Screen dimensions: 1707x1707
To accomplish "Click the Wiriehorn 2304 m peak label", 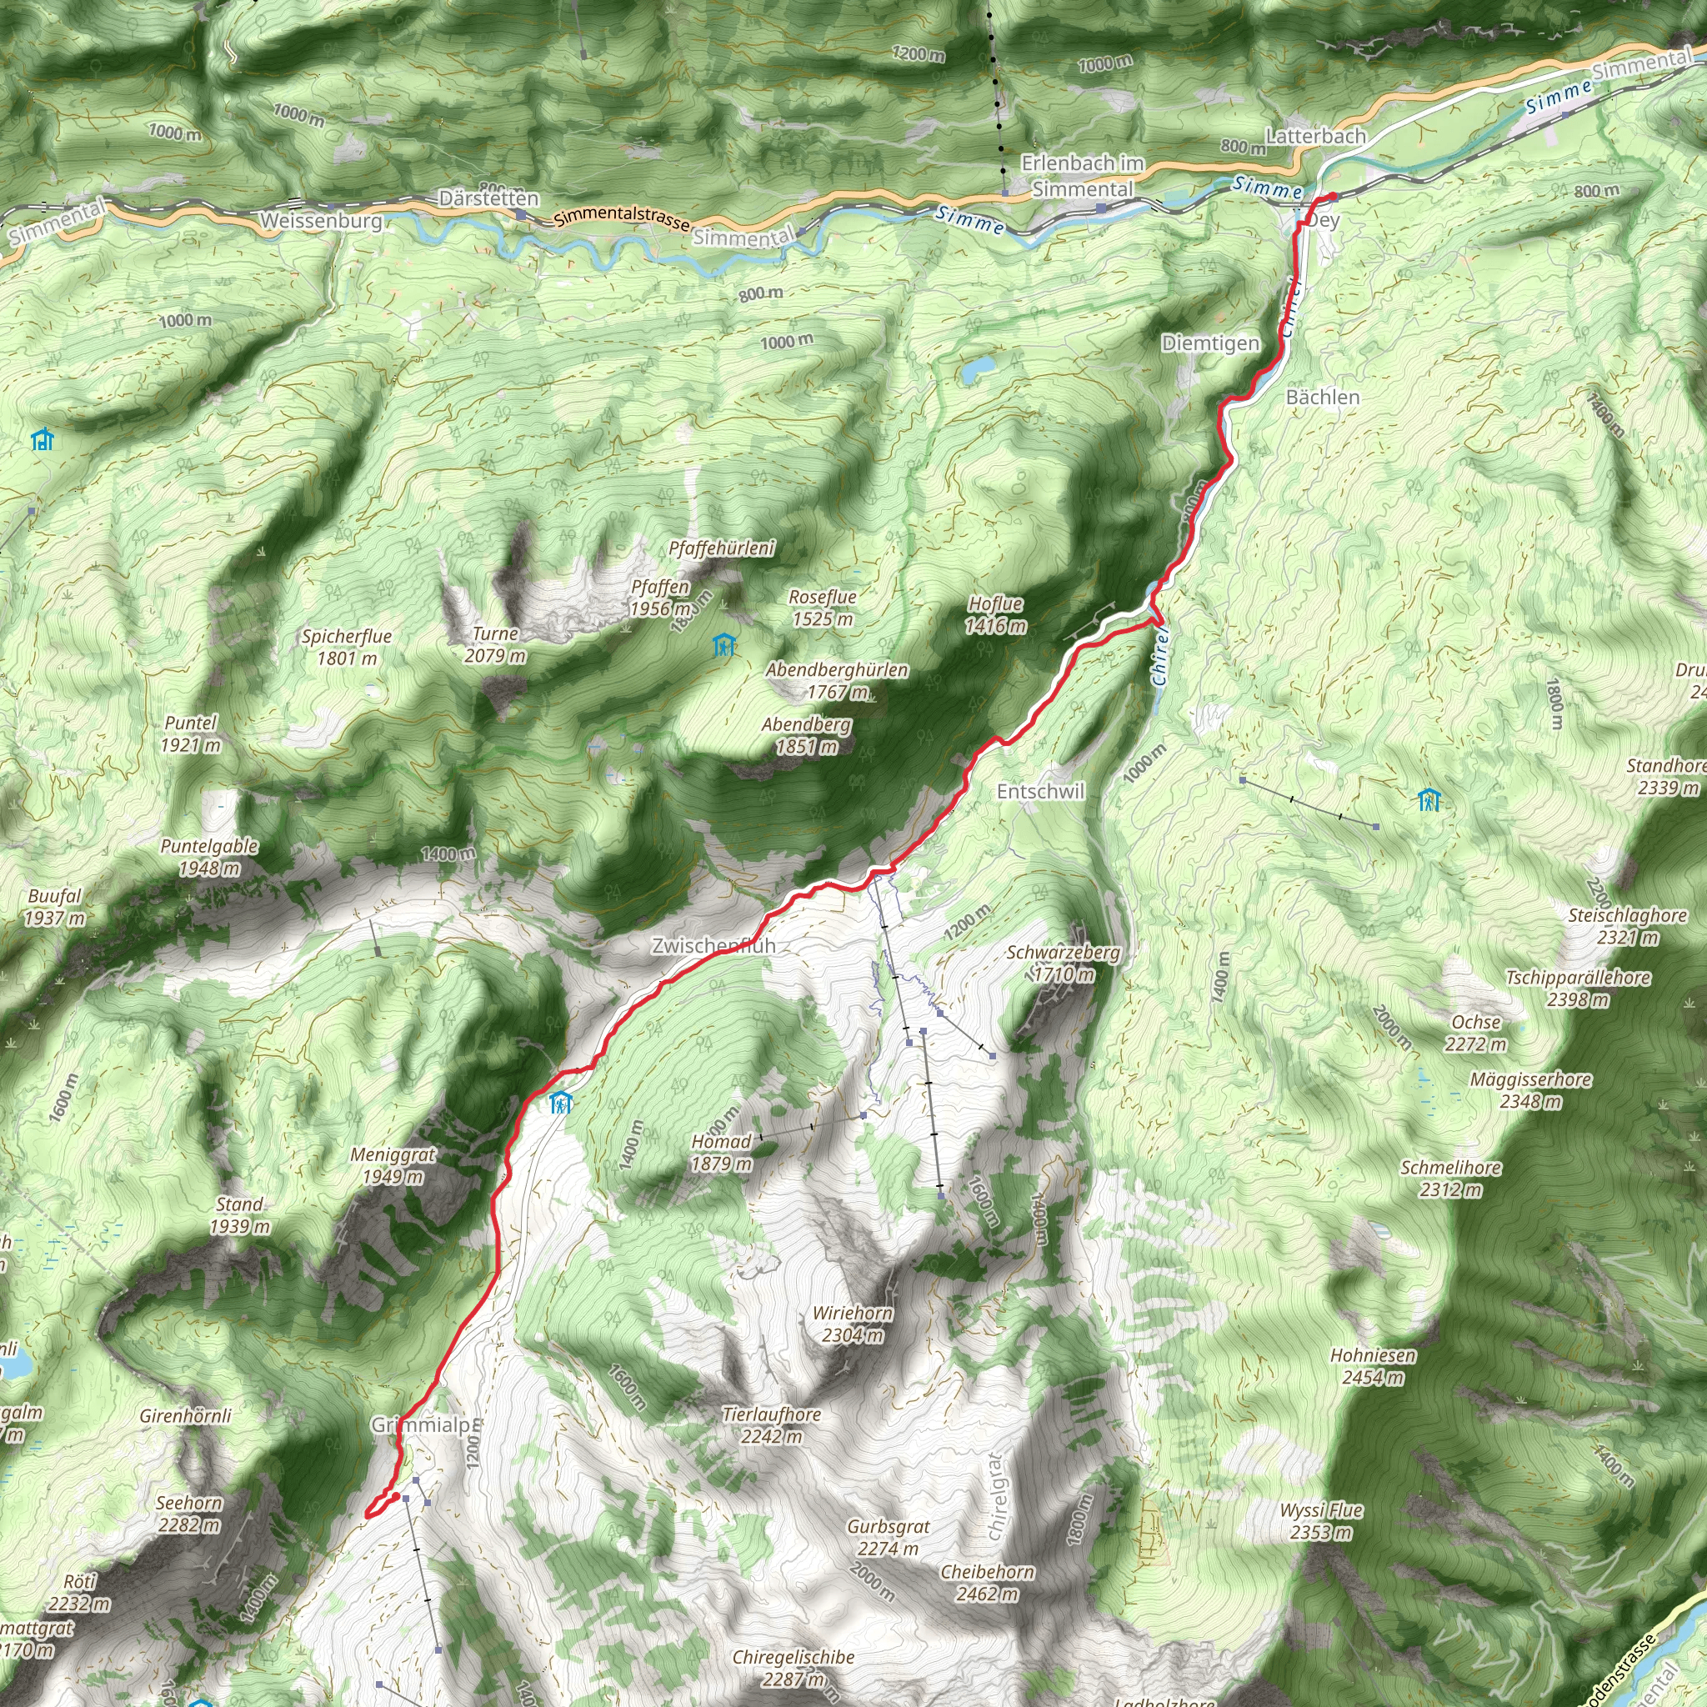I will [x=853, y=1324].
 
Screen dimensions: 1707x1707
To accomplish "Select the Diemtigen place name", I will [x=1210, y=343].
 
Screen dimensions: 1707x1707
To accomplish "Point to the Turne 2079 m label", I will [x=496, y=644].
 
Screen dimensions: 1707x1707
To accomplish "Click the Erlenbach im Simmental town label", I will [x=1083, y=176].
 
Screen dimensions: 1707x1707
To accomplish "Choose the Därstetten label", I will [x=488, y=199].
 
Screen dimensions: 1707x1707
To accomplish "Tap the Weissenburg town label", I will [x=321, y=221].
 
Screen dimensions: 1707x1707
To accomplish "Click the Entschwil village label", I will [x=1040, y=792].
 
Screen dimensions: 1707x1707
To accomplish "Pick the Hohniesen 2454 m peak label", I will [x=1373, y=1366].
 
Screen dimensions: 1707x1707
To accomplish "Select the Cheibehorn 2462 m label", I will [x=987, y=1583].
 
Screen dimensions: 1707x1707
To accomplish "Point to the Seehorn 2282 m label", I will [x=189, y=1514].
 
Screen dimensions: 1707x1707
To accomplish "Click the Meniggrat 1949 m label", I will [x=393, y=1165].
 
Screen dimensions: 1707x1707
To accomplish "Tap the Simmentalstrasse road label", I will [x=622, y=218].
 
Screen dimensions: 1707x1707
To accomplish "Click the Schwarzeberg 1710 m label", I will [x=1064, y=963].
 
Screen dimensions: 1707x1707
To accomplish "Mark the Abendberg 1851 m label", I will [x=807, y=735].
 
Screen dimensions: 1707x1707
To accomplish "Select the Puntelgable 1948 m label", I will [x=209, y=857].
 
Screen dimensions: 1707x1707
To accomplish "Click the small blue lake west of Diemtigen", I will [x=976, y=368].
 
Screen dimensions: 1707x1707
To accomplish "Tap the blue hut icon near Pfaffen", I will [x=724, y=645].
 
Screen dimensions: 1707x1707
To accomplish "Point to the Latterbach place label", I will [x=1315, y=136].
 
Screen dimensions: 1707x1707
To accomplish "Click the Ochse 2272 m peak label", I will [x=1475, y=1033].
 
